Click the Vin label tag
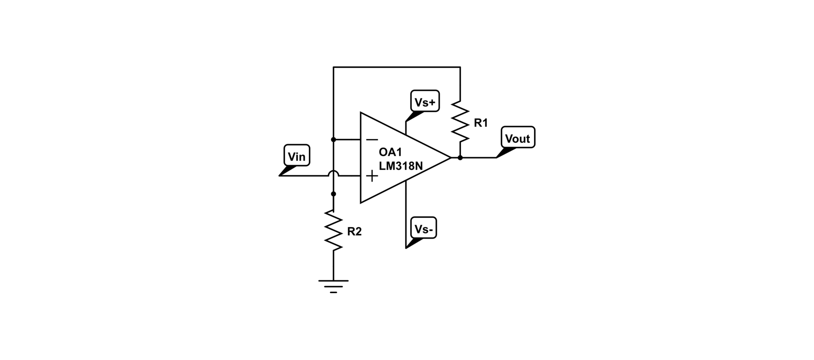(296, 156)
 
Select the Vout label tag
(518, 138)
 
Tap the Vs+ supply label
(425, 102)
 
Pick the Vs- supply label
(424, 229)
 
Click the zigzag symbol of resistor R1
(460, 121)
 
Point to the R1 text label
(481, 123)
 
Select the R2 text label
(354, 232)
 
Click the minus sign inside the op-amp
(372, 140)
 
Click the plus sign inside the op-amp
(372, 176)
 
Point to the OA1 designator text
(390, 153)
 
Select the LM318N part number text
(401, 166)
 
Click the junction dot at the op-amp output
(460, 158)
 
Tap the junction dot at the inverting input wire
(333, 140)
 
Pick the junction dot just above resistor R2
(333, 194)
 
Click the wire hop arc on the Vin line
(333, 172)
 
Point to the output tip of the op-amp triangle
(450, 158)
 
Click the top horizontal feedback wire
(396, 67)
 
